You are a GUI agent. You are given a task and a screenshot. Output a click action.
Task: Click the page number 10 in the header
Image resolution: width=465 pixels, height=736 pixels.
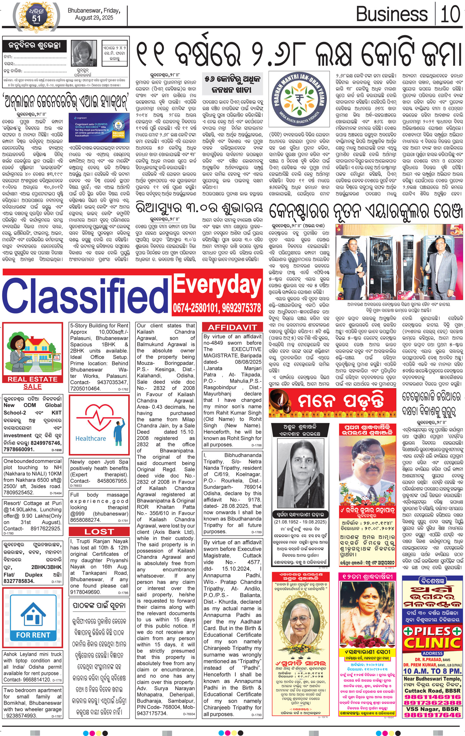coord(451,14)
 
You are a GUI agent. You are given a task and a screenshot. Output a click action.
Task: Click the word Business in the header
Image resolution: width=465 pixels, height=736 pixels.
coord(392,14)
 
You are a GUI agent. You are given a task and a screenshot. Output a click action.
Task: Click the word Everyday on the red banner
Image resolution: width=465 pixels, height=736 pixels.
coord(218,285)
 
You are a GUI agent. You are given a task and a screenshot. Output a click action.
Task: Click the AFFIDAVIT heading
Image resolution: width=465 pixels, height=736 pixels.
coord(232,327)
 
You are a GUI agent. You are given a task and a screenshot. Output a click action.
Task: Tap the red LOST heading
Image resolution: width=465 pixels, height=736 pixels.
coord(99,531)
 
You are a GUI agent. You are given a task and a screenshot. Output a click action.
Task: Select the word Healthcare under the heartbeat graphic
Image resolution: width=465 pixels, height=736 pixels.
coord(91,438)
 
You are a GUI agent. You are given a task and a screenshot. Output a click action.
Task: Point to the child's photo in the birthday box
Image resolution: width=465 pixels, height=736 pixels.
coord(84,54)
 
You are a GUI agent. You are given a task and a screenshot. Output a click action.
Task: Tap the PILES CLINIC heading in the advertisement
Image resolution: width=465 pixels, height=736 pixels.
coord(433,637)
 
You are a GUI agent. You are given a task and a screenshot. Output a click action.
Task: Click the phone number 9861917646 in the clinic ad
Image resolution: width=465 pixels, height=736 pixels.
coord(432,715)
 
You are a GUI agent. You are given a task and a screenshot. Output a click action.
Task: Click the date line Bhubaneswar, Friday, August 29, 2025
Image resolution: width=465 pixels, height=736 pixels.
coord(94,14)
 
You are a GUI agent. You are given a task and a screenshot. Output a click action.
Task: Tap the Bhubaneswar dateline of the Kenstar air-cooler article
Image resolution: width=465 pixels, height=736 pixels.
coord(285,226)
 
